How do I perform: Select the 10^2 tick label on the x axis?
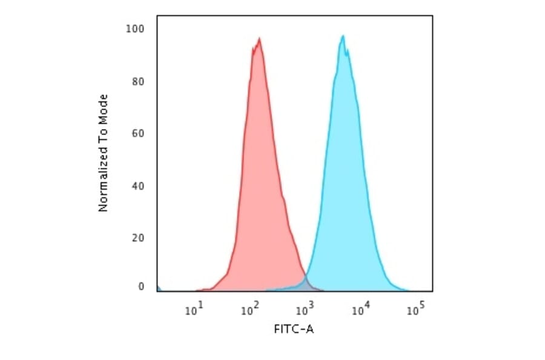point(249,310)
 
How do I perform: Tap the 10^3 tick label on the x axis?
point(305,310)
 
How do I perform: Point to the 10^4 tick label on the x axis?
point(360,310)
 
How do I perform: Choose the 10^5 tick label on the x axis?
point(415,310)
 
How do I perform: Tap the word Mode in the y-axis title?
point(103,108)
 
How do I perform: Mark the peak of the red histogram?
point(259,39)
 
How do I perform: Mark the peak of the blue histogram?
point(343,36)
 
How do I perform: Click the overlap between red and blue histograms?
point(306,284)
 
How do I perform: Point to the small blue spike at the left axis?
point(159,288)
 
